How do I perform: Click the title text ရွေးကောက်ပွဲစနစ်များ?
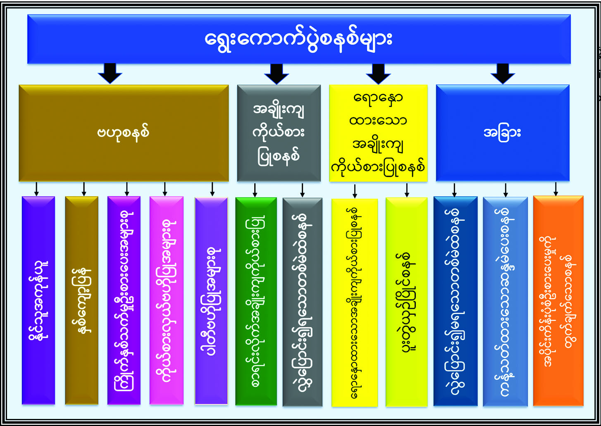(x=298, y=39)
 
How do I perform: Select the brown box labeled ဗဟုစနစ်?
(x=124, y=133)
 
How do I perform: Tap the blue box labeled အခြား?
(x=502, y=133)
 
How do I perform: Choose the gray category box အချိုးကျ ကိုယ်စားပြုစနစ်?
(x=279, y=133)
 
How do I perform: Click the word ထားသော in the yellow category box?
(x=378, y=121)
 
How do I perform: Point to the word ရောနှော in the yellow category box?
(x=378, y=99)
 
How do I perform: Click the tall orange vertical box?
(x=558, y=300)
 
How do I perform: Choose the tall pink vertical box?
(x=166, y=300)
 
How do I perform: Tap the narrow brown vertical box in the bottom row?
(x=82, y=300)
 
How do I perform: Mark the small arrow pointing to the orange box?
(x=556, y=189)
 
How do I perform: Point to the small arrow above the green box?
(x=255, y=190)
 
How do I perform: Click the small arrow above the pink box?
(x=165, y=189)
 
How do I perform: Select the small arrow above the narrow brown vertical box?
(x=84, y=189)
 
